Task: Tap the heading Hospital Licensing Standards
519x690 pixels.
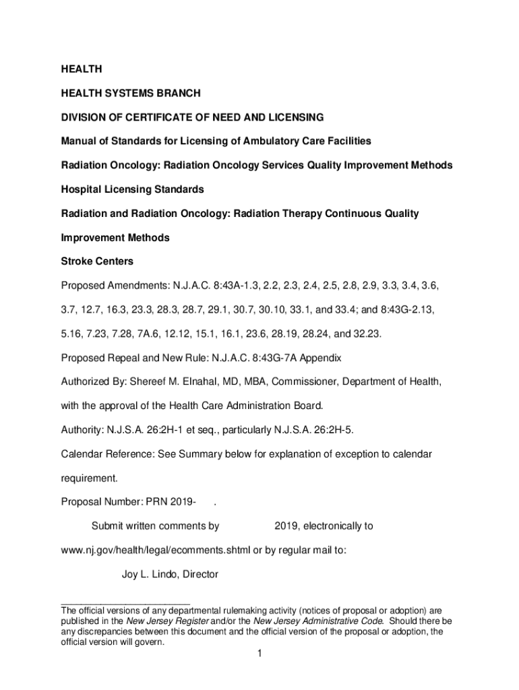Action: [133, 189]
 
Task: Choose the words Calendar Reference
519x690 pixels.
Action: [106, 455]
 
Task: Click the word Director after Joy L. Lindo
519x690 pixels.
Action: [199, 575]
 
